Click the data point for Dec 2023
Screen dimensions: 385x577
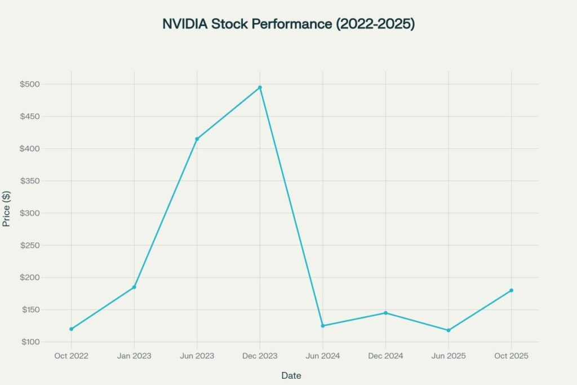pos(260,87)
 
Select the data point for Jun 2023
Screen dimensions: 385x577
pos(197,139)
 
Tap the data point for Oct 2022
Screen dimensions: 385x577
pos(72,329)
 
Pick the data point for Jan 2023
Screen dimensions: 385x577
pos(134,287)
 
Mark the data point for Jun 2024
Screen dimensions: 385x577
pos(323,326)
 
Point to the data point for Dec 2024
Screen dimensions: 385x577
pos(385,313)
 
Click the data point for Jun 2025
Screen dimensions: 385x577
pos(449,330)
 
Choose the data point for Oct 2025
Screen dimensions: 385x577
pos(511,290)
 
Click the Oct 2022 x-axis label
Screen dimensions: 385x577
pos(72,356)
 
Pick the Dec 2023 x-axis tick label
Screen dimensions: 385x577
pos(260,356)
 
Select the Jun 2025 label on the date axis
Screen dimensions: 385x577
pos(449,356)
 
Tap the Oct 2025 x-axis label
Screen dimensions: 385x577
pos(511,356)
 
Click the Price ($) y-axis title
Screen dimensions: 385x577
pos(7,208)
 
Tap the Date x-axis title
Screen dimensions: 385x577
pos(291,375)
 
